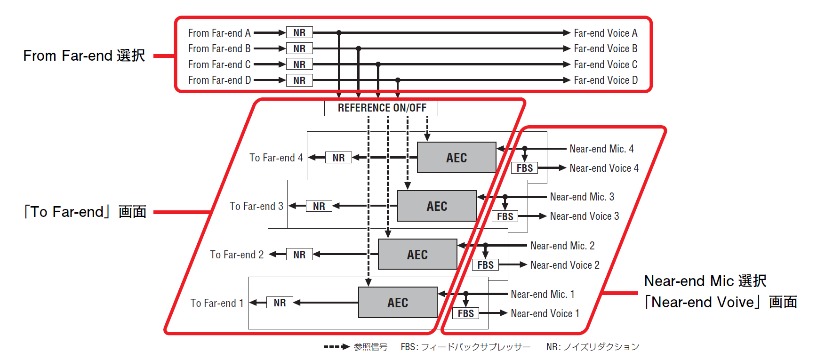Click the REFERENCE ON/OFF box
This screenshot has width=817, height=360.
(381, 108)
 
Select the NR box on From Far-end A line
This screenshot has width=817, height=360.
(299, 32)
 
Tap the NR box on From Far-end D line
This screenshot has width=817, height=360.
(299, 80)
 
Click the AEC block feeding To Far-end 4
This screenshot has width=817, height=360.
(457, 158)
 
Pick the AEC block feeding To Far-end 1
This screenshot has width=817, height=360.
(398, 303)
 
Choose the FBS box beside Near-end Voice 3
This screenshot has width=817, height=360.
(505, 216)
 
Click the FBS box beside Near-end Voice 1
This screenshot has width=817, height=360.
(466, 313)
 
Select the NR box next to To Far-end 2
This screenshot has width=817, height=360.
(299, 255)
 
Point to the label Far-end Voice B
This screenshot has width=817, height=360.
(606, 48)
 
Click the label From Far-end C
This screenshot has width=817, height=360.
(219, 64)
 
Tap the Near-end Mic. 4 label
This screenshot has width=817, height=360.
(601, 149)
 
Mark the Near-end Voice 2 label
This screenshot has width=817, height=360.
(565, 265)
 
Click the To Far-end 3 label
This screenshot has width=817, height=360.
(256, 206)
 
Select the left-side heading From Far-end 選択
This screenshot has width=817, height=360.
(84, 56)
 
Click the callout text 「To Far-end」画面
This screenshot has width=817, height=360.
(85, 212)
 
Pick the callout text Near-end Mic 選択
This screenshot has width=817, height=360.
(705, 281)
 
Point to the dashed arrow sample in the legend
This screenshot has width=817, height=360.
(336, 347)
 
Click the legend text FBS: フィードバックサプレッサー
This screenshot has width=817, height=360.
(465, 347)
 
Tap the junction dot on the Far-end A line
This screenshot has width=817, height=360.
(339, 33)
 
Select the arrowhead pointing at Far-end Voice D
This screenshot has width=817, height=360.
(567, 80)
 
